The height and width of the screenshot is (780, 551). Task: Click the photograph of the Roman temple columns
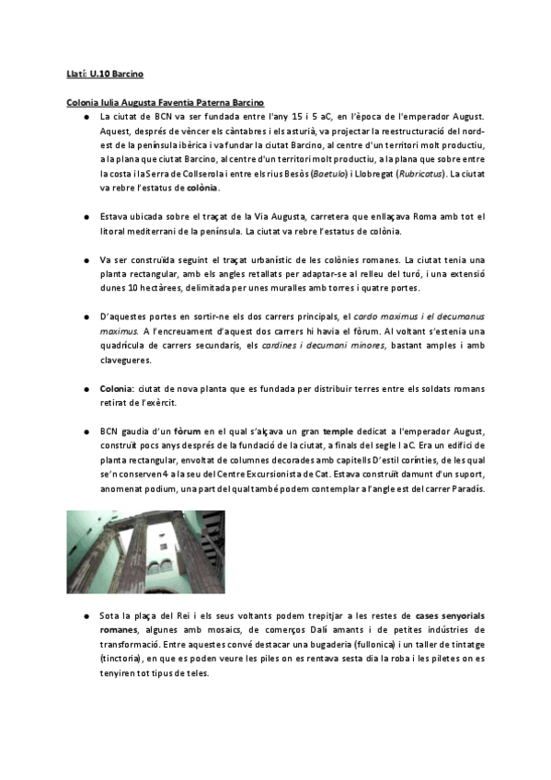145,552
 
